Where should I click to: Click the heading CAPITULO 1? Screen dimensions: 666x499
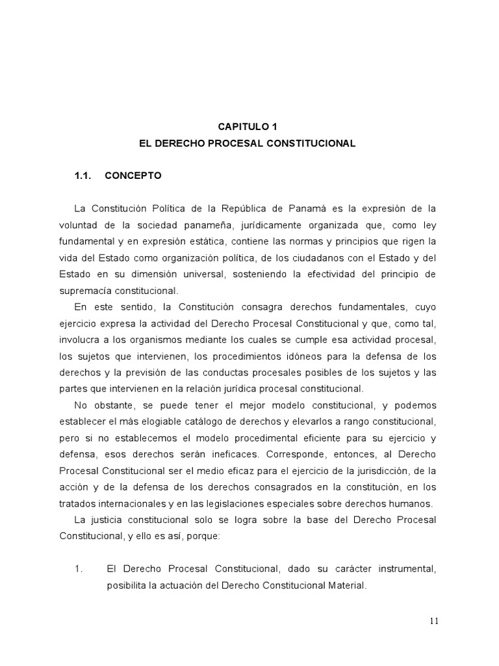(x=248, y=127)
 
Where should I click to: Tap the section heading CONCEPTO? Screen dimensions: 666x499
(x=133, y=176)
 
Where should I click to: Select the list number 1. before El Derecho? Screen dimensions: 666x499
(x=80, y=569)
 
